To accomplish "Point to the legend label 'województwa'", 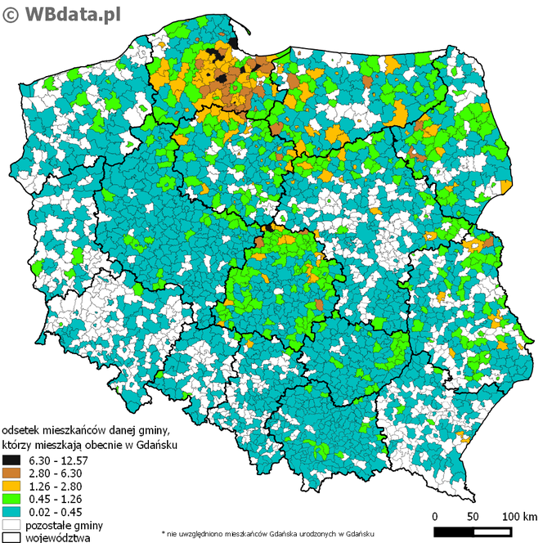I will pos(58,536).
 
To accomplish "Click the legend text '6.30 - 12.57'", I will pos(57,460).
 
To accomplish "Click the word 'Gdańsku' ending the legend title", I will pos(158,444).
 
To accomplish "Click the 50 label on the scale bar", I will pos(473,517).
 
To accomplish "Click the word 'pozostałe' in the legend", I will pos(48,524).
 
